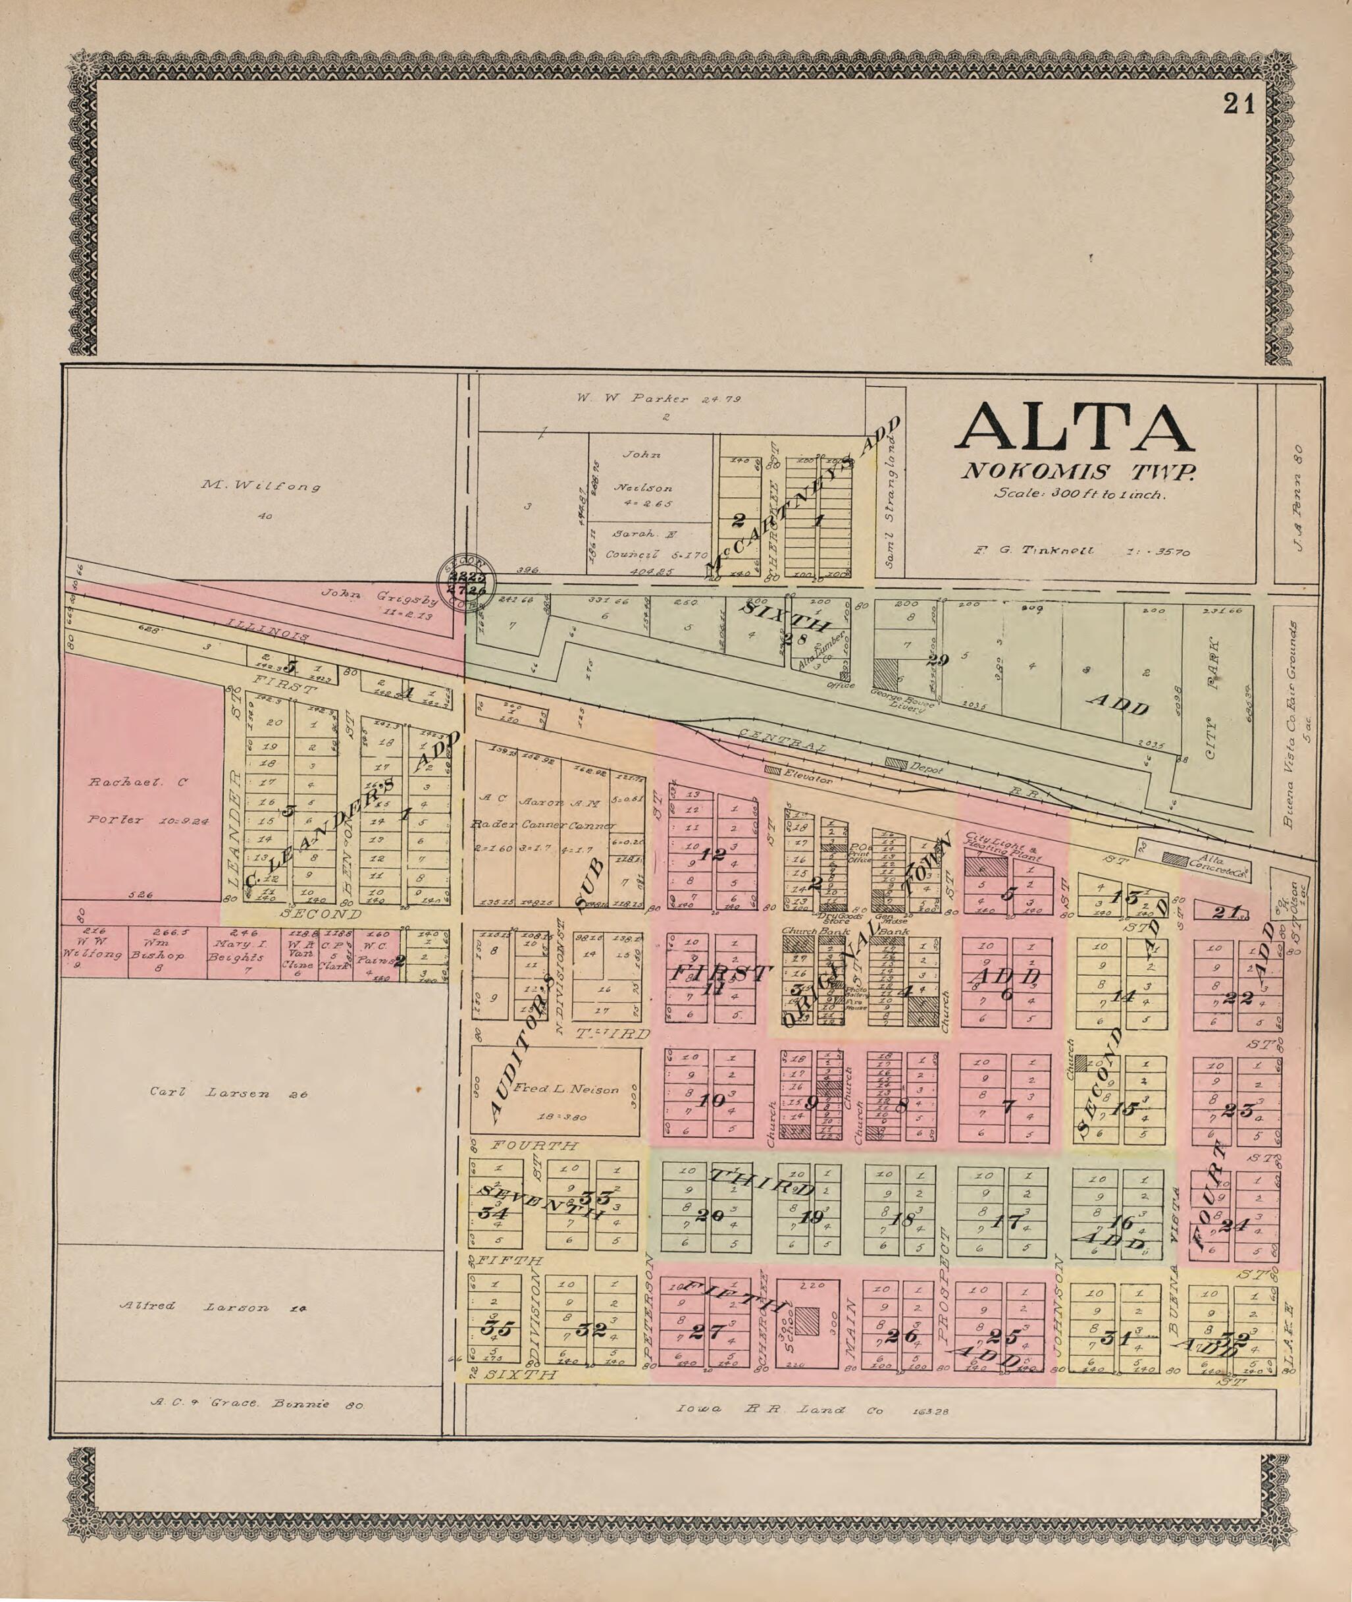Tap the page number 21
pyautogui.click(x=1239, y=103)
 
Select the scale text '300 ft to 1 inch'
pyautogui.click(x=1080, y=494)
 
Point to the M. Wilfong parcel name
pyautogui.click(x=261, y=485)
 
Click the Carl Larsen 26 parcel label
pyautogui.click(x=228, y=1094)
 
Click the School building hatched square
pyautogui.click(x=806, y=1321)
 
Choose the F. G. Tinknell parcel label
pyautogui.click(x=1081, y=550)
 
